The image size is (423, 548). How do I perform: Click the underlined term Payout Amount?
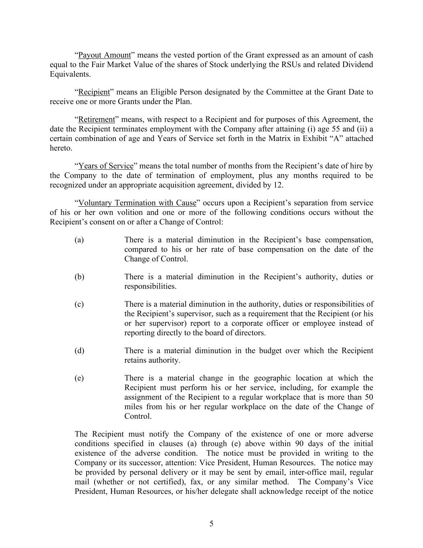click(x=104, y=55)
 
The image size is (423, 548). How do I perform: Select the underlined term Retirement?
click(x=96, y=119)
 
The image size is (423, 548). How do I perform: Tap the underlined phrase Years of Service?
click(x=105, y=166)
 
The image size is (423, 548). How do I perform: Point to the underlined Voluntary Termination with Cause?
click(x=137, y=203)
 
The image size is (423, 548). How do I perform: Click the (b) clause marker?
click(x=79, y=277)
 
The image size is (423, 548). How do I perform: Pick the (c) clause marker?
click(x=79, y=304)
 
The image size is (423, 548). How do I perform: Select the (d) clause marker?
click(x=79, y=350)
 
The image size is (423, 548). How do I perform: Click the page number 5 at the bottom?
click(x=211, y=524)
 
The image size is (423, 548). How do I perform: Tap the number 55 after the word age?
click(x=338, y=129)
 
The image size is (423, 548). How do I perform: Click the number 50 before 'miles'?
click(x=368, y=397)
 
